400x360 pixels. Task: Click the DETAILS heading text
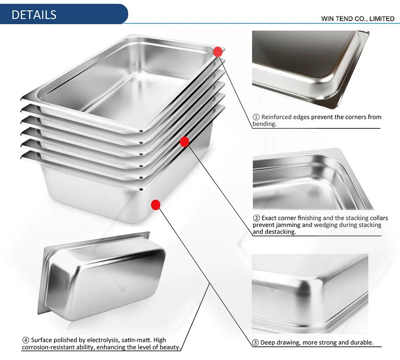coord(34,14)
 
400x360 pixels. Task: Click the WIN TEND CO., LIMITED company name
coord(358,19)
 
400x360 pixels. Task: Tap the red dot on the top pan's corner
coord(218,52)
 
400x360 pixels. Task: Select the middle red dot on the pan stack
coord(184,141)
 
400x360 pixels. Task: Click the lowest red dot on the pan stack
coord(156,205)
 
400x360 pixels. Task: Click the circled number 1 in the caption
coord(256,117)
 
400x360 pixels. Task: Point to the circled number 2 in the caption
coord(256,218)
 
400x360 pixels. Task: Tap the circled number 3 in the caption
coord(256,342)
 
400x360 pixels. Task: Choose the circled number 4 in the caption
coord(26,340)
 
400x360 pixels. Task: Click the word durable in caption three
coord(361,342)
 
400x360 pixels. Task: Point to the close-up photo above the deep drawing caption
coord(310,294)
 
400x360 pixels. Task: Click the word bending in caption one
coord(264,124)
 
